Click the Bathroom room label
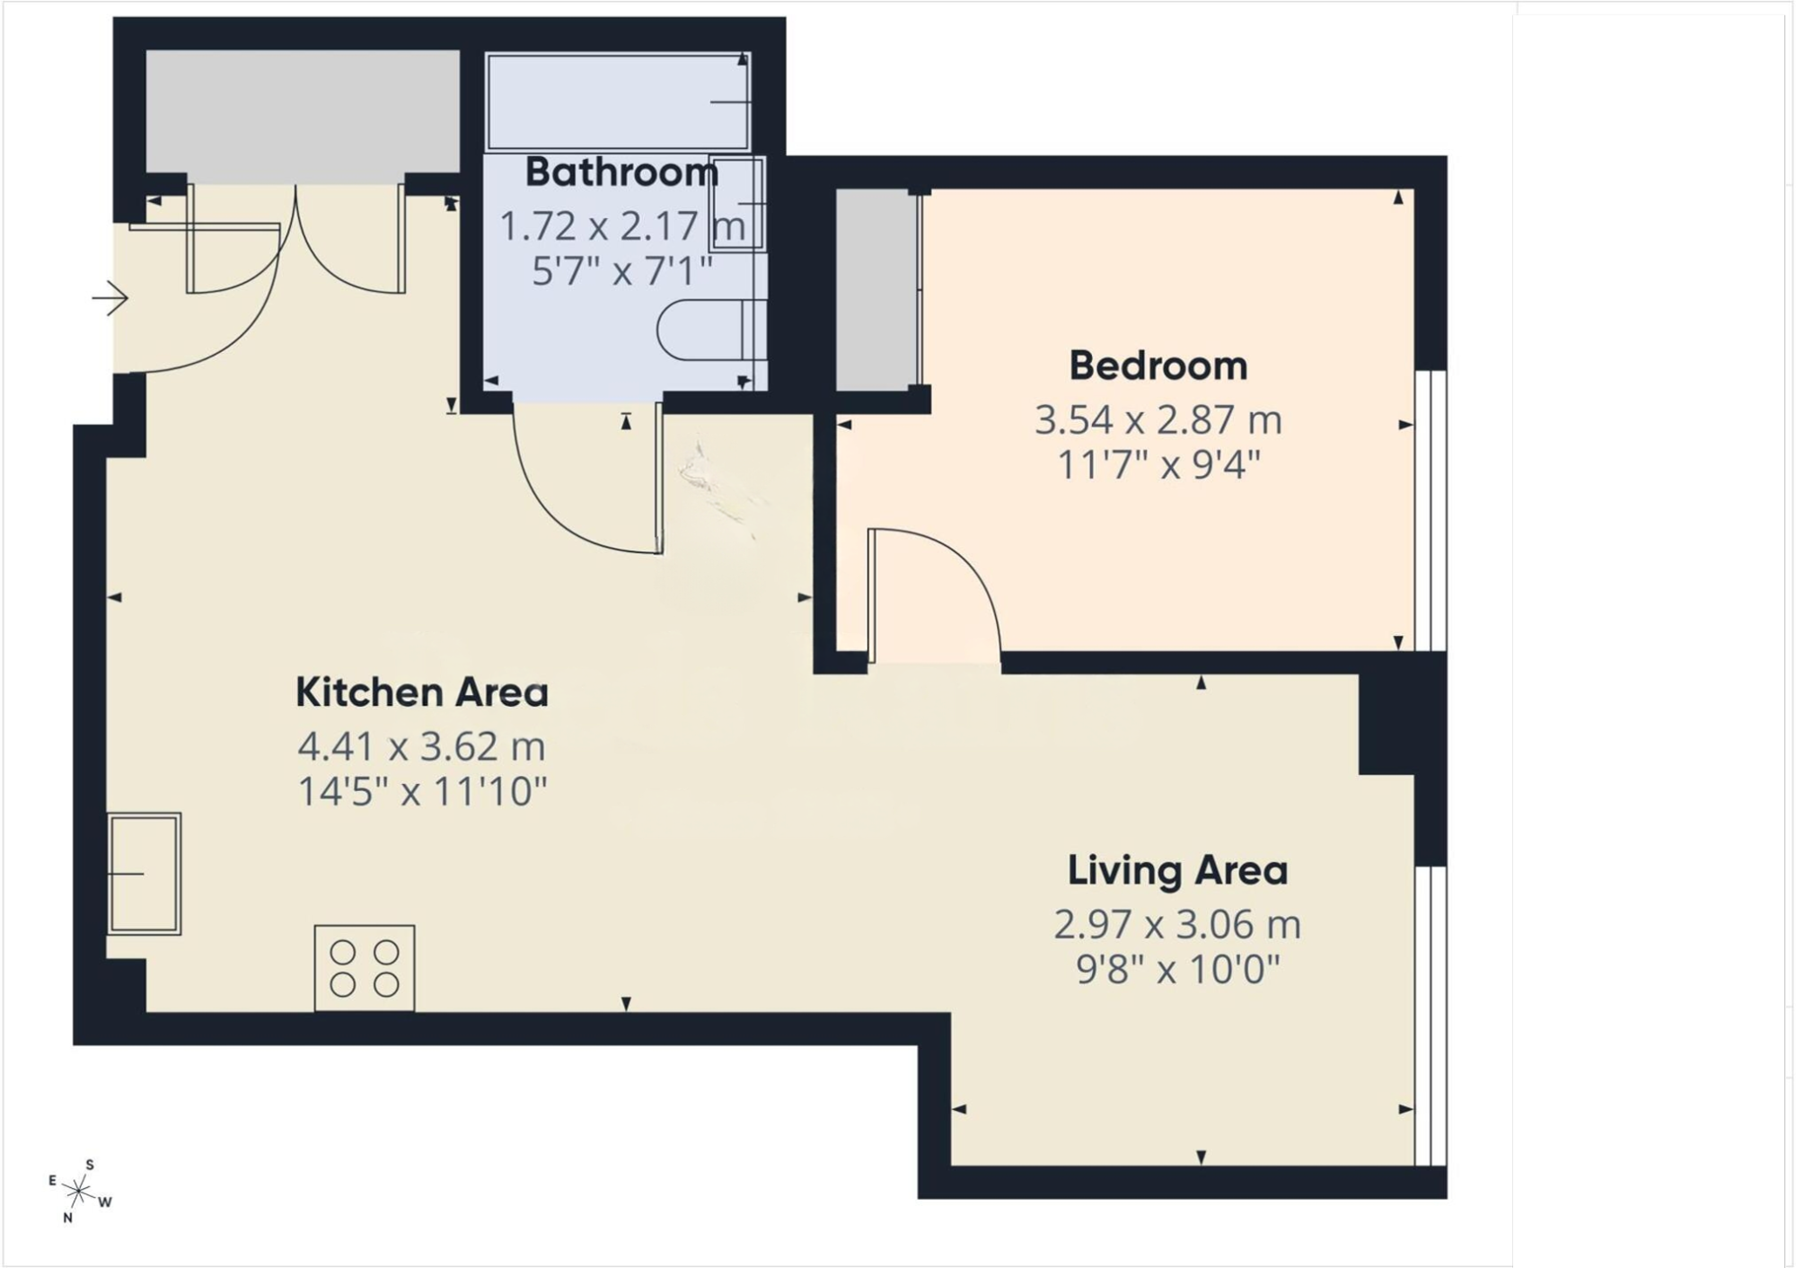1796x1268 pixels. pos(621,172)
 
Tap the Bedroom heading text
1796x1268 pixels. pos(1158,365)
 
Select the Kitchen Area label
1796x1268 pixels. pos(422,692)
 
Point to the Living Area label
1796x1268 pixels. pos(1177,870)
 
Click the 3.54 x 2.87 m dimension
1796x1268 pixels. pos(1158,419)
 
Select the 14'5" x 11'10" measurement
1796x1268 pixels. pos(422,792)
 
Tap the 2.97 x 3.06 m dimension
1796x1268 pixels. pos(1177,924)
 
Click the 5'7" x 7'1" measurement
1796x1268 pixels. pos(621,270)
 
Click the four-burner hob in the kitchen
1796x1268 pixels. pos(365,968)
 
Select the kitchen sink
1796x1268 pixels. pos(144,874)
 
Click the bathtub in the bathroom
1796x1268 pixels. pos(618,101)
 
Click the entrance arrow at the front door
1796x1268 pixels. pos(110,298)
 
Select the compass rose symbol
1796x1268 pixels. pos(80,1192)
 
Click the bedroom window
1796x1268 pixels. pos(1431,510)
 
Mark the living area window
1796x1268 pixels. pos(1431,1016)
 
